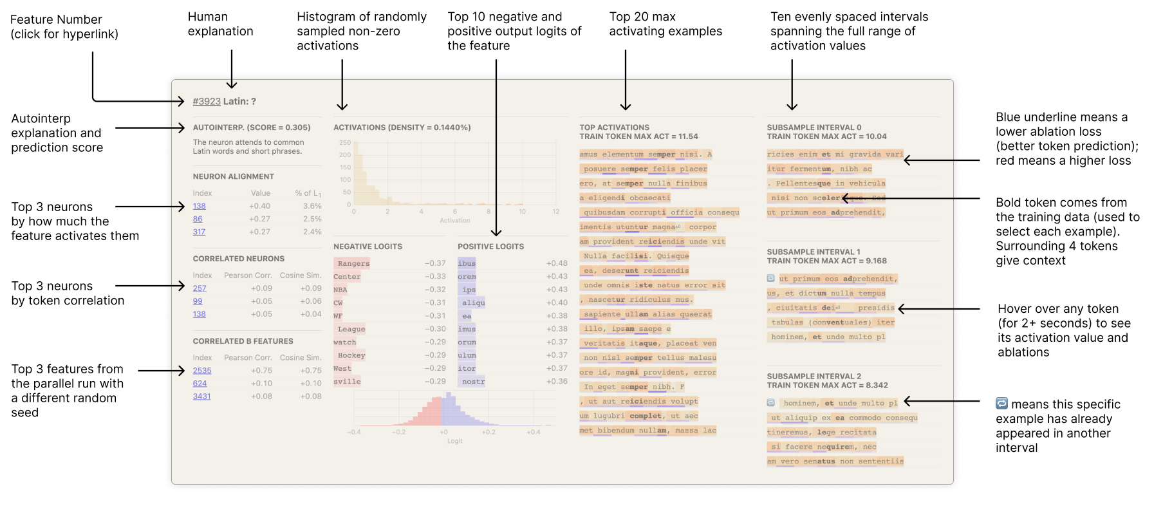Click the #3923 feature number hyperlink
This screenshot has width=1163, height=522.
pos(207,102)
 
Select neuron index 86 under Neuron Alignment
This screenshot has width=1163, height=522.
pos(198,219)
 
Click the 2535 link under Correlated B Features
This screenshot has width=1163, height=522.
pos(202,371)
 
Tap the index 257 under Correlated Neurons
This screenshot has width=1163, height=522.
pos(200,288)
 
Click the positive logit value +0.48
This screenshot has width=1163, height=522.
pos(557,263)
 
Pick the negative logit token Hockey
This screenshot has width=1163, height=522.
pos(351,355)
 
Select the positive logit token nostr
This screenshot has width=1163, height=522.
pos(473,382)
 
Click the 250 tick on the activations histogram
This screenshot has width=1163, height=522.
pos(345,143)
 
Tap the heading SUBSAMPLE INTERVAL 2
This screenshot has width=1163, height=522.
pos(814,377)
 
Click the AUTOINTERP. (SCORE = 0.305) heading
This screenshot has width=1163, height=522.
pos(252,128)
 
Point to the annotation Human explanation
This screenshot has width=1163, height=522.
pos(220,24)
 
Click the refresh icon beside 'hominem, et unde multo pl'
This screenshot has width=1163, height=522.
pos(771,403)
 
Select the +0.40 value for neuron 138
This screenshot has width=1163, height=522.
pos(260,207)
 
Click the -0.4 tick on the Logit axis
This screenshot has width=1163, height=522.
pos(354,432)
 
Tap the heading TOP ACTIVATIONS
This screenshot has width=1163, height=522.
pos(614,127)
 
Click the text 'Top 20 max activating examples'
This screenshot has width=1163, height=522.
pos(665,24)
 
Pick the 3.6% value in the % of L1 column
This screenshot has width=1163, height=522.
pos(312,207)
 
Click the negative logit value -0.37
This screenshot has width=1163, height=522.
pos(435,263)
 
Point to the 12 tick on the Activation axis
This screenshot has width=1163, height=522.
pos(555,212)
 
